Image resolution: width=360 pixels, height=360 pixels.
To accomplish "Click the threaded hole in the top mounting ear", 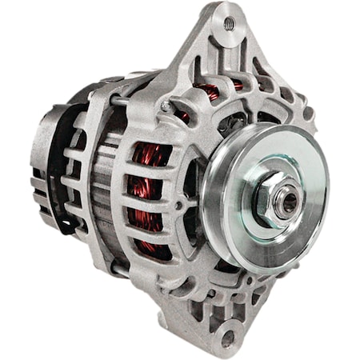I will (230, 25).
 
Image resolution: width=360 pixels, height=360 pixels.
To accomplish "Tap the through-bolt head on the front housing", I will (165, 106).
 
